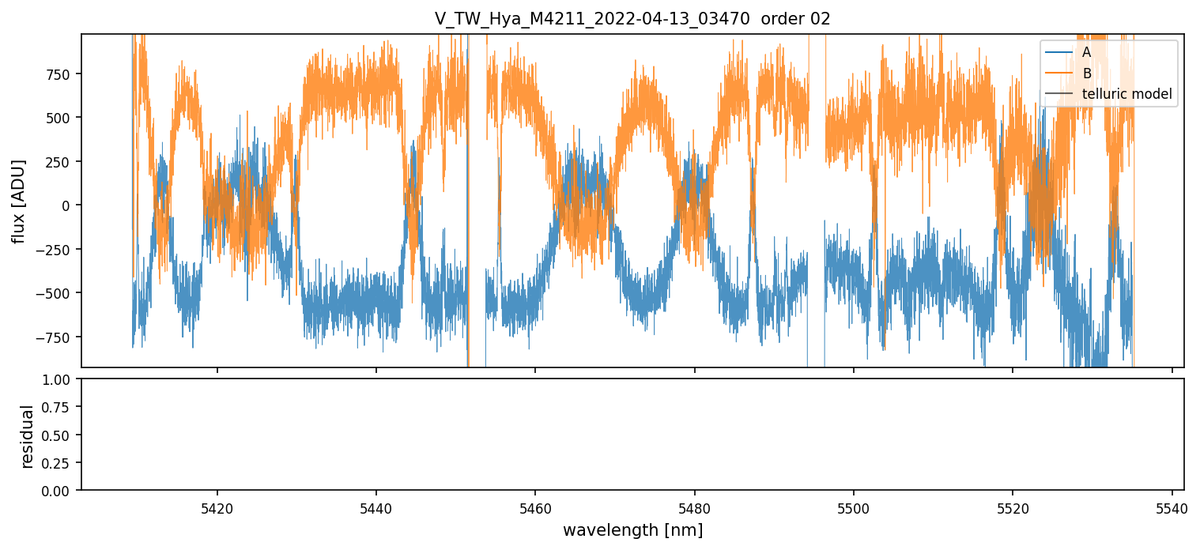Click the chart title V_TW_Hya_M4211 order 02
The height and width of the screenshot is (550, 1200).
tap(632, 19)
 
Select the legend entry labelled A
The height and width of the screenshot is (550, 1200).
tap(1086, 52)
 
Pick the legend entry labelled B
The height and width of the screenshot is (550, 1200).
tap(1086, 73)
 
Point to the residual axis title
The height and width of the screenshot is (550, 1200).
tap(28, 435)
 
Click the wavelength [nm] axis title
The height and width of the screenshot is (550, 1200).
tap(632, 530)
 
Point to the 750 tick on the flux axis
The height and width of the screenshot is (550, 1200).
tap(59, 74)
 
